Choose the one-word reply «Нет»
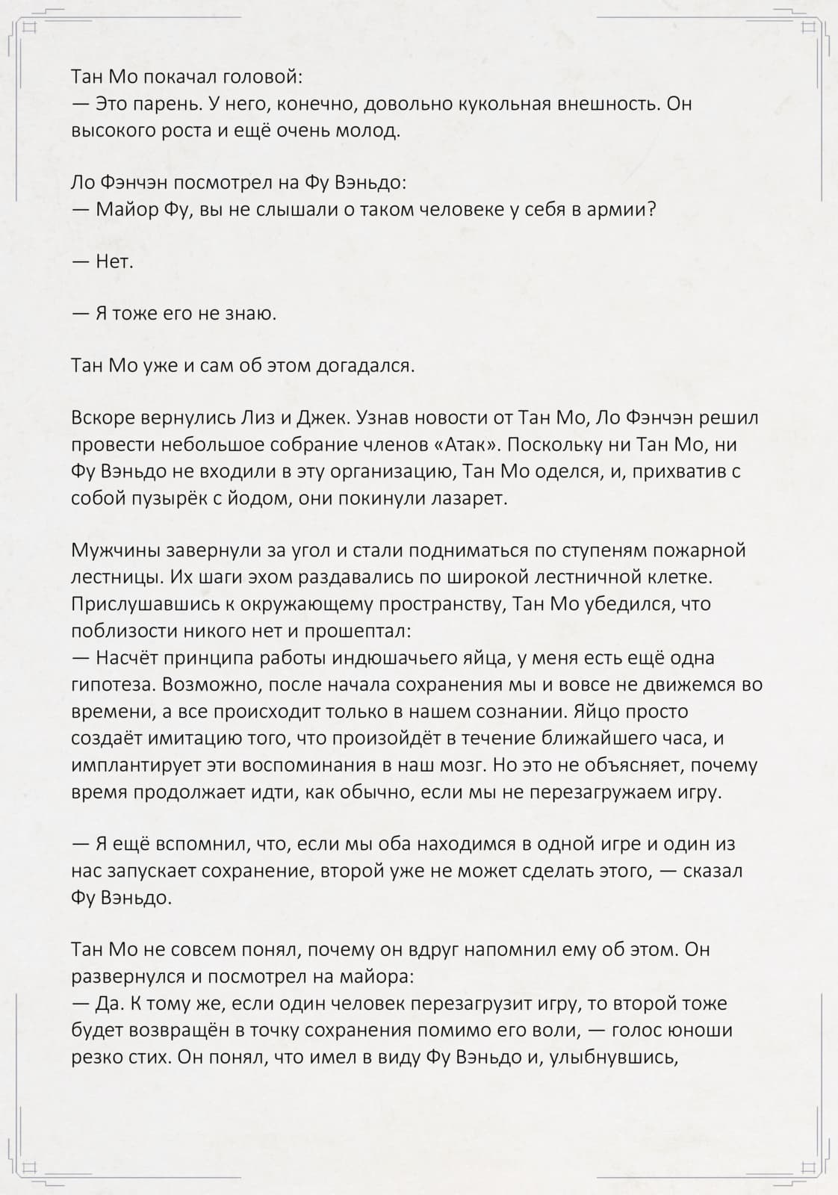114,261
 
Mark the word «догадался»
364,366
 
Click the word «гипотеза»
113,685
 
